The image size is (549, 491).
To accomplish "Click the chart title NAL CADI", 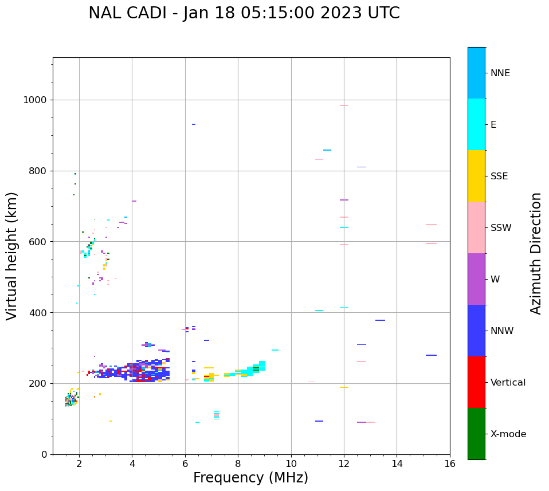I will pyautogui.click(x=244, y=13).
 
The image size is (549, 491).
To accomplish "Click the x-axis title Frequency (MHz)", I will pyautogui.click(x=250, y=478).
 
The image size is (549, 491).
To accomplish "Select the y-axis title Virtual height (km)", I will pyautogui.click(x=12, y=256).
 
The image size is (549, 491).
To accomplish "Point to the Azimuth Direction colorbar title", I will pyautogui.click(x=536, y=253).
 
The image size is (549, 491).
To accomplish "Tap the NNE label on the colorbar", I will pyautogui.click(x=500, y=73).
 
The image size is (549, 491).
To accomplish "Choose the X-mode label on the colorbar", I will pyautogui.click(x=508, y=434).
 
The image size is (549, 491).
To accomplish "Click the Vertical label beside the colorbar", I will pyautogui.click(x=508, y=383).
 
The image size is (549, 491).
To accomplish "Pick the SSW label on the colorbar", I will pyautogui.click(x=501, y=228).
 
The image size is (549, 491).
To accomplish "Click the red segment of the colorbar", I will pyautogui.click(x=476, y=382).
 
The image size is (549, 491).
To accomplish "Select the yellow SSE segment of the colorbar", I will pyautogui.click(x=476, y=176).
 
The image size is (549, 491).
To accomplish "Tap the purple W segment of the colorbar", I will pyautogui.click(x=476, y=279).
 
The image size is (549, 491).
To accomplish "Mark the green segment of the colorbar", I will pyautogui.click(x=476, y=434).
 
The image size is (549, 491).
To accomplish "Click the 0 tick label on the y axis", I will pyautogui.click(x=44, y=454).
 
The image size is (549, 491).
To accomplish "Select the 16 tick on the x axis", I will pyautogui.click(x=450, y=463).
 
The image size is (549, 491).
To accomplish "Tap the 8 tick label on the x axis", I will pyautogui.click(x=238, y=463).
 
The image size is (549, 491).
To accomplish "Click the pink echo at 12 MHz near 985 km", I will pyautogui.click(x=344, y=105).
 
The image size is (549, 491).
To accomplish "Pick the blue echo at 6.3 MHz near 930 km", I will pyautogui.click(x=194, y=124).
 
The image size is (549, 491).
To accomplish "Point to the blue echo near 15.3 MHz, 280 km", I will pyautogui.click(x=431, y=355).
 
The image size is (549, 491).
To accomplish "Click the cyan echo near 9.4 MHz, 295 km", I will pyautogui.click(x=275, y=350).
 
